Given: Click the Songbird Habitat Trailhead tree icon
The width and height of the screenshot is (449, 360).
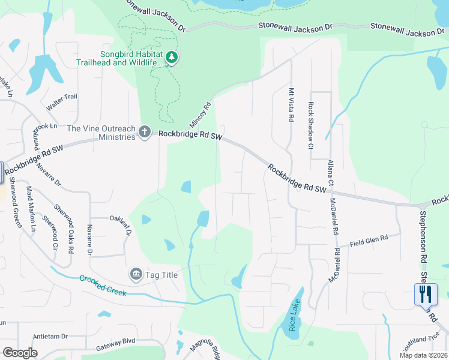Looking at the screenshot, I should point(172,58).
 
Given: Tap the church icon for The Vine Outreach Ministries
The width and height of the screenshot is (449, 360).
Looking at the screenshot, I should point(144,131).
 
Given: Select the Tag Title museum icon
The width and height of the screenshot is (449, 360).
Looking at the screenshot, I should point(136,274).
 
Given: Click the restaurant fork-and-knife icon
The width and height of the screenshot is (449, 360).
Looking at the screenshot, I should point(426,295).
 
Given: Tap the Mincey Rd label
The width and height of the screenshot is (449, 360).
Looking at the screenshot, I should point(201,113).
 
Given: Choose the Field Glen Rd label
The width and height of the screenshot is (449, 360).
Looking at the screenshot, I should point(369,240).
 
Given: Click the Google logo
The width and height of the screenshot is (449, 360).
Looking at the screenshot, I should point(20,353).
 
